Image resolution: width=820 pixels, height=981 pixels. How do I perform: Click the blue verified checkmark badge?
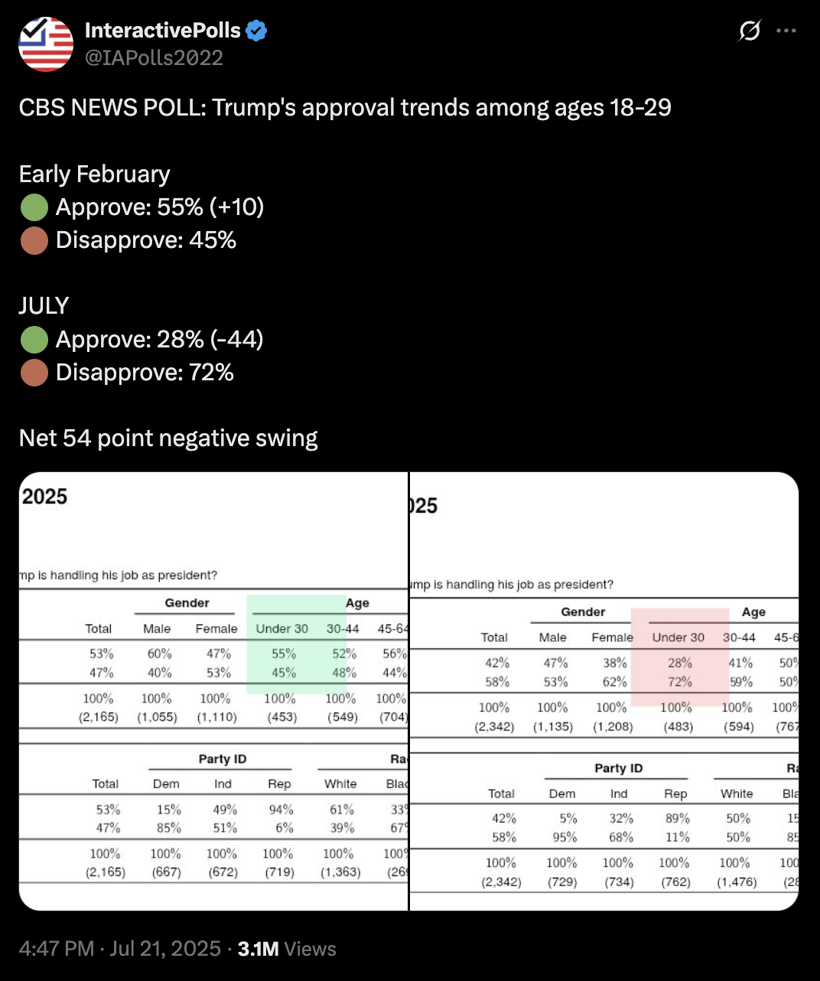pos(256,31)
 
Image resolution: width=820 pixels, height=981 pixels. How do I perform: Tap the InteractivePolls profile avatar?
pos(46,44)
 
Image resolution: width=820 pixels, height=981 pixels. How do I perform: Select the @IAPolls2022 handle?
pos(154,58)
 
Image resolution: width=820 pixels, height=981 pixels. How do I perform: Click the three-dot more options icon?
pos(786,31)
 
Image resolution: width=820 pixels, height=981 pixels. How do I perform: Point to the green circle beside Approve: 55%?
pos(34,207)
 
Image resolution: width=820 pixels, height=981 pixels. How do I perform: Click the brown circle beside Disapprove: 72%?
pos(34,373)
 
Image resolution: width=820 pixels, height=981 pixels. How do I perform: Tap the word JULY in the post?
pos(44,306)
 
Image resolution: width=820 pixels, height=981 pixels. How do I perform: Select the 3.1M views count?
pos(258,949)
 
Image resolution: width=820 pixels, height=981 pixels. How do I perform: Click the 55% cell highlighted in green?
pos(284,654)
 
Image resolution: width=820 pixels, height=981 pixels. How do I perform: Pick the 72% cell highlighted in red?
pos(680,682)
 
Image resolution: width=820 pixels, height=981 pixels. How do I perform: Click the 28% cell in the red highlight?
pos(680,663)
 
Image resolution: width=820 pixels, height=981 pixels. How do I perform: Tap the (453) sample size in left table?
pos(282,718)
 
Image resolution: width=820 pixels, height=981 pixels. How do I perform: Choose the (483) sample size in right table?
pos(678,727)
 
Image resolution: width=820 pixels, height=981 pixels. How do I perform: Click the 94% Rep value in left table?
pos(281,810)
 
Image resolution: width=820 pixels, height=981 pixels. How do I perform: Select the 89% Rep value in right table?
pos(677,819)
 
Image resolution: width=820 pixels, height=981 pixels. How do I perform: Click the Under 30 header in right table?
pos(678,637)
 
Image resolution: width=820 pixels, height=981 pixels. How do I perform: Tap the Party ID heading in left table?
pos(223,759)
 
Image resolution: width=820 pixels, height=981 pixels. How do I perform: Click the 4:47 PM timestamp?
pos(57,949)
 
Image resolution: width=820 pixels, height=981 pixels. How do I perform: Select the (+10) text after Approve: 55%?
pos(237,207)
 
